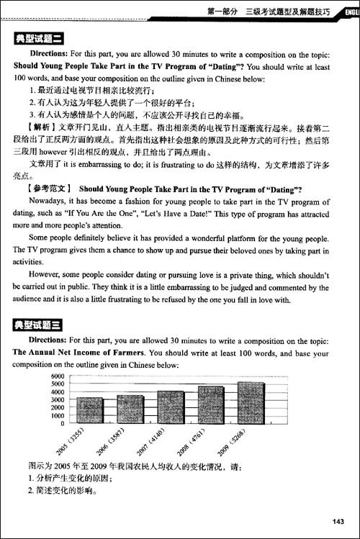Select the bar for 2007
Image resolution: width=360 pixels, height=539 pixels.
pos(171,406)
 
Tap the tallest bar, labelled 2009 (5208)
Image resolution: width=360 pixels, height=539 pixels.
pos(251,402)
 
